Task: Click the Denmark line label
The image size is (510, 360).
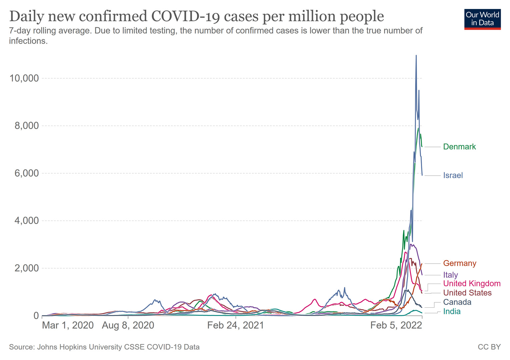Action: click(459, 147)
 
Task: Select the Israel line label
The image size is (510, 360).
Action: click(453, 175)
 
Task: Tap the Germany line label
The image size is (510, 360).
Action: click(459, 263)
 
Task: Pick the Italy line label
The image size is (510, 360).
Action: click(450, 275)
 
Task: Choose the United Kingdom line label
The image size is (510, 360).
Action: click(472, 284)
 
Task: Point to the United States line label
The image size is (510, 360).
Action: click(467, 293)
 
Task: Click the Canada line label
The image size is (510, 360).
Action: click(457, 302)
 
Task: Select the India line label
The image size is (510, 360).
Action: click(452, 312)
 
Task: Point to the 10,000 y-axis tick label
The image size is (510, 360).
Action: click(24, 79)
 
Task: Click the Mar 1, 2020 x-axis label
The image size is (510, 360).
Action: click(68, 325)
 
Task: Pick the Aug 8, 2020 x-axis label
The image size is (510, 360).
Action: click(128, 325)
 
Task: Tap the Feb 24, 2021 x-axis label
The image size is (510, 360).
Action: click(235, 325)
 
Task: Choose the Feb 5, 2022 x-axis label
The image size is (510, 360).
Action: click(396, 325)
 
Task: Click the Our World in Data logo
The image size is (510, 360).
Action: click(482, 19)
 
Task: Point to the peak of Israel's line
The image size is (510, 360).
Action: click(416, 56)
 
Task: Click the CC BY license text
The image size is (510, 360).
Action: click(489, 347)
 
